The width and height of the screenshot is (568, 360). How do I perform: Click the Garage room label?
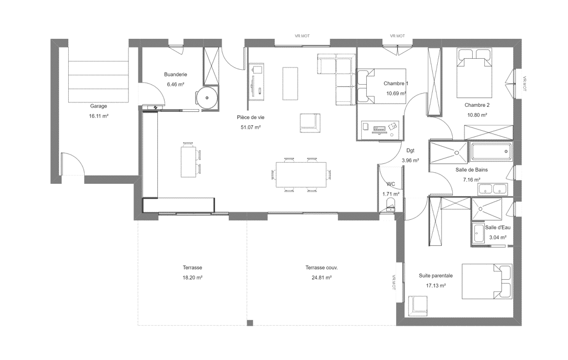point(99,106)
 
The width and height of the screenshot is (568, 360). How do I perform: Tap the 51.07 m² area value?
point(250,127)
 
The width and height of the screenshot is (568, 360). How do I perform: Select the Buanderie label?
point(176,74)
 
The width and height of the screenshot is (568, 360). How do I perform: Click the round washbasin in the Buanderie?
point(207,98)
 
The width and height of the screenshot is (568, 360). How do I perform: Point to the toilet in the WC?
point(391,204)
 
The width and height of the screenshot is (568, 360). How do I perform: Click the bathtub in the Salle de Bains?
point(491,152)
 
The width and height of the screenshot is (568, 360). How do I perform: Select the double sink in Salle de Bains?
point(493,189)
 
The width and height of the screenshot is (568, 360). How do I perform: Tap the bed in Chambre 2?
point(474,73)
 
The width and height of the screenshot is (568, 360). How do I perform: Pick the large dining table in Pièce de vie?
point(301,174)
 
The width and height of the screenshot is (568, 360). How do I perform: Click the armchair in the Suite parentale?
point(418,304)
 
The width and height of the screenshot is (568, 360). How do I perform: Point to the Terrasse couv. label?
point(321,268)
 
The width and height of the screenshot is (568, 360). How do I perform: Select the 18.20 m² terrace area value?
point(192,278)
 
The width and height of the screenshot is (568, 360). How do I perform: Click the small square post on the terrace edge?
point(250,323)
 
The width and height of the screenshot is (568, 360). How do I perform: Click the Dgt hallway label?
point(410,150)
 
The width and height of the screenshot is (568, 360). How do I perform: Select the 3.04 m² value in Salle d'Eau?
point(498,238)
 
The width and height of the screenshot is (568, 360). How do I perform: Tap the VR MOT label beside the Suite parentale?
point(393,282)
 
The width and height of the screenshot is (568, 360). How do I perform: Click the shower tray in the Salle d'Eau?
point(487,209)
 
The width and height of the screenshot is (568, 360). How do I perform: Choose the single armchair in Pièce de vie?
point(310,122)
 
